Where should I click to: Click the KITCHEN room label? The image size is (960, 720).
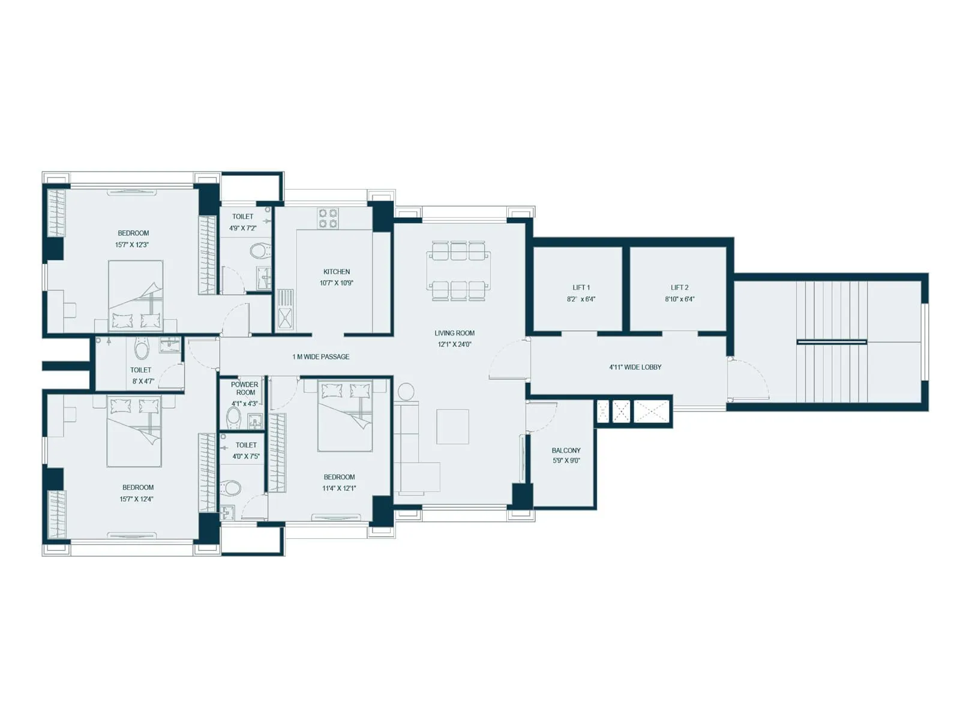336,272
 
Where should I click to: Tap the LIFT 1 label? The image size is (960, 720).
581,287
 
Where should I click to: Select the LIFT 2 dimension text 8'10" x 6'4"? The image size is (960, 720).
679,299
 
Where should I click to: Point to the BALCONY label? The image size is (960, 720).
566,450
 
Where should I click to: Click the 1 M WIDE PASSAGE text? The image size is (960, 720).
320,356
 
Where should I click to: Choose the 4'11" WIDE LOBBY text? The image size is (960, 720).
635,367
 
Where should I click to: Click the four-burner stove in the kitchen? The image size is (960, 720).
328,218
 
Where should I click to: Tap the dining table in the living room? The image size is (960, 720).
459,271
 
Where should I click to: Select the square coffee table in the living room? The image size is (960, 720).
452,427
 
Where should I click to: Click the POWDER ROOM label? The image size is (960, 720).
245,388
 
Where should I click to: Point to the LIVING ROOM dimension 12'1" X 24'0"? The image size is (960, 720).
454,344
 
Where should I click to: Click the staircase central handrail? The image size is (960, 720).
832,342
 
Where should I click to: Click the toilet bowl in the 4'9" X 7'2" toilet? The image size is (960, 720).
259,250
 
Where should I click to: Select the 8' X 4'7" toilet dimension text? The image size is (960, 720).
143,381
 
